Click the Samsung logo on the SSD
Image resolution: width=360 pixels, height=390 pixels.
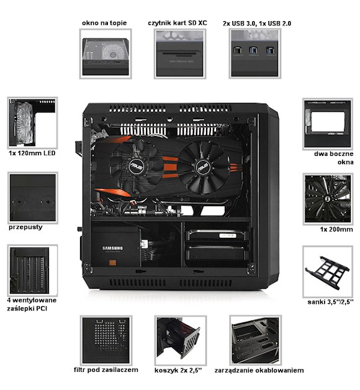click(x=112, y=248)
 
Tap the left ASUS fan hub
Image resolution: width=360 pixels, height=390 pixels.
click(x=137, y=166)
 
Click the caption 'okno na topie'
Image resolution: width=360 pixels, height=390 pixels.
click(x=104, y=23)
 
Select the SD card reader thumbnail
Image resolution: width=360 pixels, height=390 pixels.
click(x=180, y=54)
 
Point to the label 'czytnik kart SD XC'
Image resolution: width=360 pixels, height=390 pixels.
click(x=178, y=23)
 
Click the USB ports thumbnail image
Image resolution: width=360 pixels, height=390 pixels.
click(x=255, y=54)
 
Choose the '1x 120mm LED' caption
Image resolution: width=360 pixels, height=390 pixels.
click(x=32, y=153)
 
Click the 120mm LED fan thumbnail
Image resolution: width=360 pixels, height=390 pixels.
click(x=32, y=123)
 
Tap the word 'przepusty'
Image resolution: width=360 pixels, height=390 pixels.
click(x=25, y=227)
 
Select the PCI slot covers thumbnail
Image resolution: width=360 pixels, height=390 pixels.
click(x=32, y=270)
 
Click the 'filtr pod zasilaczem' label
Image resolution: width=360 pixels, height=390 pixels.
click(x=106, y=370)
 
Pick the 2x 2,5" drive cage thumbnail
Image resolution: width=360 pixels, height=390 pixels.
click(x=181, y=340)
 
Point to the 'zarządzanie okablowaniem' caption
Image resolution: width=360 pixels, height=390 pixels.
click(x=259, y=370)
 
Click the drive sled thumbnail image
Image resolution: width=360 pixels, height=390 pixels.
click(x=328, y=271)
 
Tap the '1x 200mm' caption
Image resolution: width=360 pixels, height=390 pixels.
click(x=336, y=229)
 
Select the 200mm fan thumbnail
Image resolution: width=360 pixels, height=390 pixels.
click(x=328, y=199)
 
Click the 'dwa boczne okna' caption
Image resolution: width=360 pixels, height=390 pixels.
click(x=334, y=158)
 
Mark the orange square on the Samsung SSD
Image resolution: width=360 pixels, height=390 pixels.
click(x=113, y=263)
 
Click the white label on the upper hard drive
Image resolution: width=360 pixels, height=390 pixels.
click(x=228, y=235)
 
